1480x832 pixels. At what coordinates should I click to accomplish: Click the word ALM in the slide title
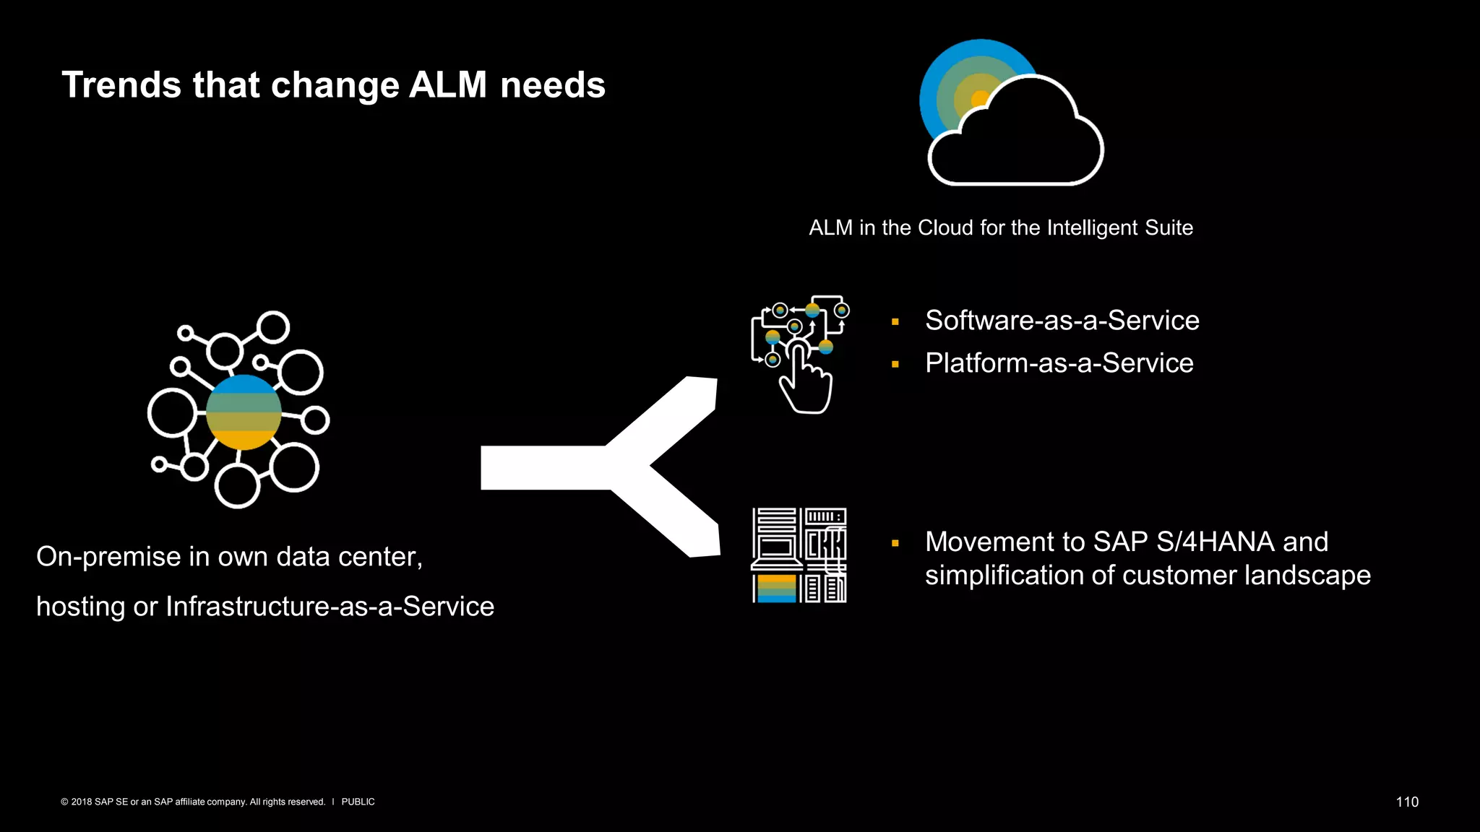coord(448,85)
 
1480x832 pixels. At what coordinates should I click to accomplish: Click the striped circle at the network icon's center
coord(244,412)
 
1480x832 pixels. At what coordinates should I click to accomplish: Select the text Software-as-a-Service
coord(1062,321)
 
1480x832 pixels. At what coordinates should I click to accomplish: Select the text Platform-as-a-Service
coord(1059,363)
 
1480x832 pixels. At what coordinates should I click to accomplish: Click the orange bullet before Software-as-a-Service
coord(895,322)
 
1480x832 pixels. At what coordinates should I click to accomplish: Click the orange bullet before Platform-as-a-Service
coord(895,365)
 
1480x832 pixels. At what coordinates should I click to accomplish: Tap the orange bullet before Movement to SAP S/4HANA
coord(895,543)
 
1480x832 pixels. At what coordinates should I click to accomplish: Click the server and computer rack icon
coord(799,555)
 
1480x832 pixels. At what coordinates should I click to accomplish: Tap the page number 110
coord(1407,802)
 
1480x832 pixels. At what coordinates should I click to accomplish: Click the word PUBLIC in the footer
coord(358,802)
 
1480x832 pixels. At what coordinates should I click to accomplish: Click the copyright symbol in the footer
coord(64,802)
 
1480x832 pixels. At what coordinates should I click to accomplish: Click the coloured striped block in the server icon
coord(776,588)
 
